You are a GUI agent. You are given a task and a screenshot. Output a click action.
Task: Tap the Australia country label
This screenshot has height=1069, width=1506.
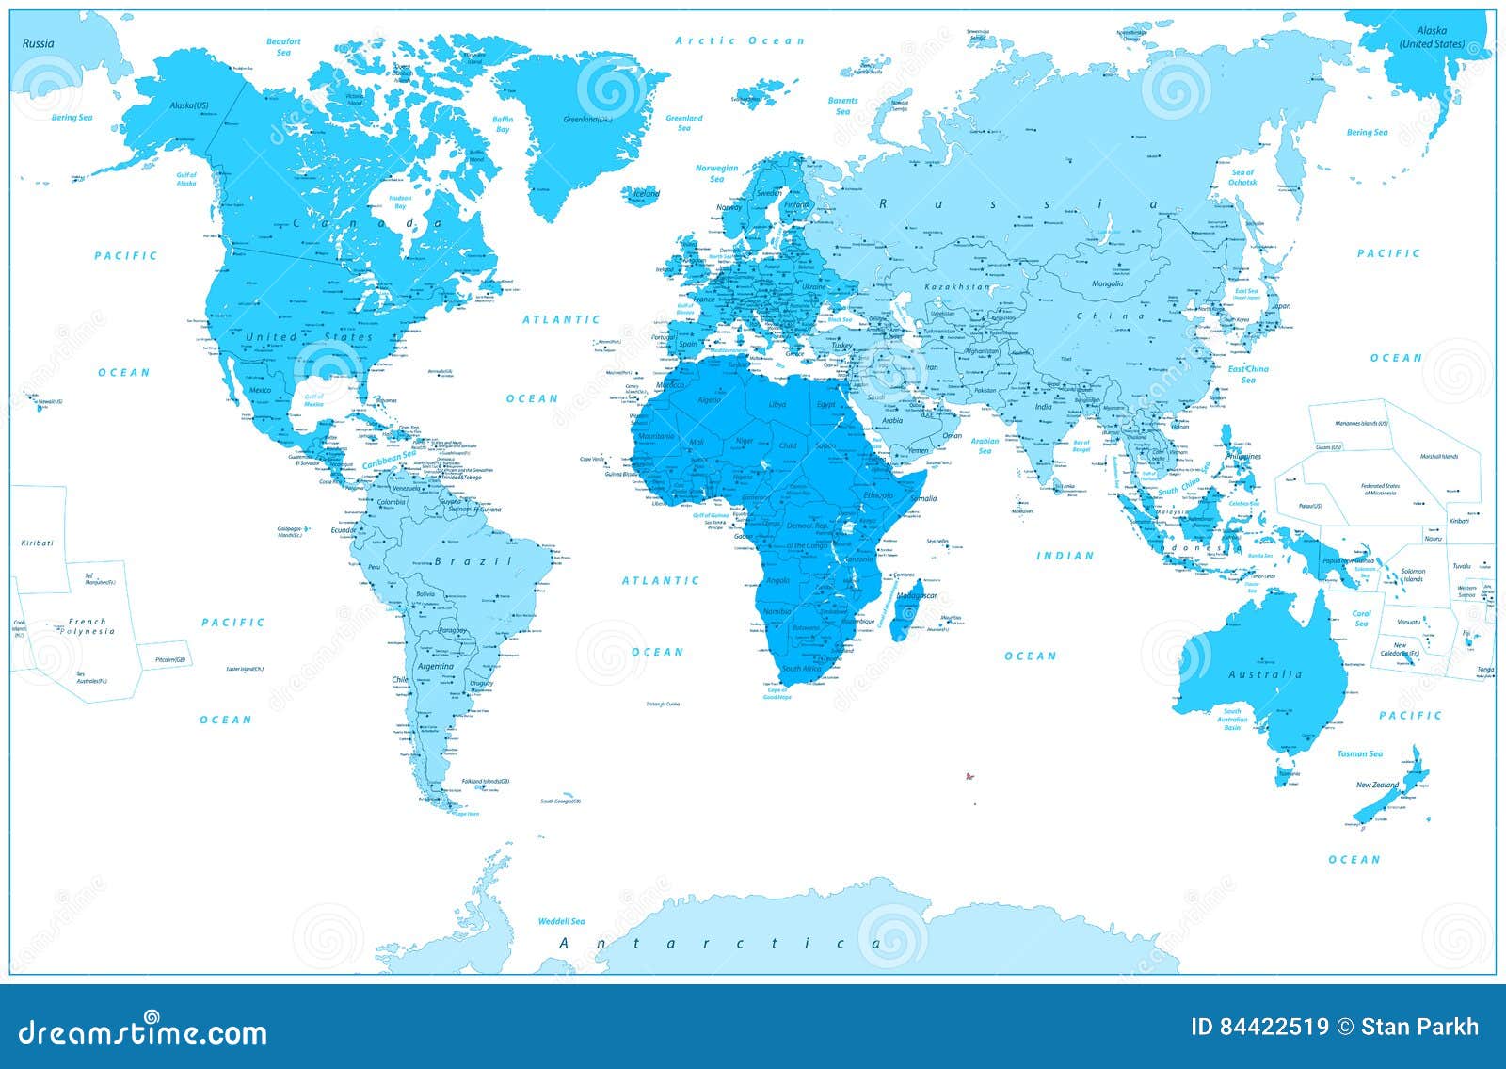coord(1265,674)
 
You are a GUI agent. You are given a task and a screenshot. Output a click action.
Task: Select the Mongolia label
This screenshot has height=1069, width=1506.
coord(1107,283)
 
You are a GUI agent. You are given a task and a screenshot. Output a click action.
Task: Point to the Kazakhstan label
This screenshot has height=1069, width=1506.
coord(957,286)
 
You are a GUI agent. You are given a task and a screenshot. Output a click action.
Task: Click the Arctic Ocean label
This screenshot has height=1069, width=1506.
coord(740,40)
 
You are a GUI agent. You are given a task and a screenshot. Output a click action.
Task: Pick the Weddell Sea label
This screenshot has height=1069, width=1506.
coord(561,921)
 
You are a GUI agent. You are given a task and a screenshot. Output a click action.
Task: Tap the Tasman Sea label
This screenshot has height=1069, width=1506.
coord(1359,753)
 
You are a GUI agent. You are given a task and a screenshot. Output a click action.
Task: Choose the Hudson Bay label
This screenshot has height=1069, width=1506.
coord(400,202)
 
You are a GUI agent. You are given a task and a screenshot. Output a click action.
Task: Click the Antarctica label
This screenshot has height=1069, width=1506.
coord(720,943)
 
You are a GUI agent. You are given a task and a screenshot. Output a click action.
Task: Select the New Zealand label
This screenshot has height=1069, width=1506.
coord(1377,785)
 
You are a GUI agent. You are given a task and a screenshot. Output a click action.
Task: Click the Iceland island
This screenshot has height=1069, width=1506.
coord(643,194)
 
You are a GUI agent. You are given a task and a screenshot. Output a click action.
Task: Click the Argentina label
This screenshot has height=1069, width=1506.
coord(435,666)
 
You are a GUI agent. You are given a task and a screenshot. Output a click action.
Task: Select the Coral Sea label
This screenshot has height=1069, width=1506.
coord(1361,618)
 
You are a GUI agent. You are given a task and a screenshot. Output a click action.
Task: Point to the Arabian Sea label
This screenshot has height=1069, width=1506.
coord(985,445)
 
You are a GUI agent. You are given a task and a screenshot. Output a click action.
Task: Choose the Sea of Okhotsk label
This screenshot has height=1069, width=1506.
coord(1242,177)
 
